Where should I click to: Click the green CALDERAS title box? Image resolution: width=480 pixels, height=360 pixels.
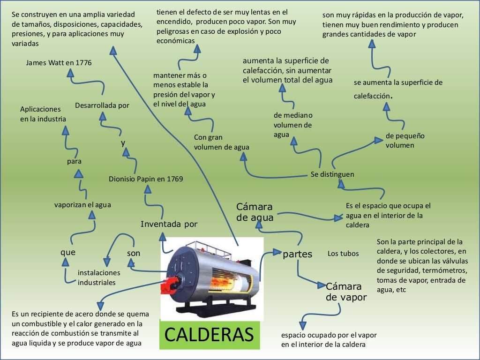tap(209, 334)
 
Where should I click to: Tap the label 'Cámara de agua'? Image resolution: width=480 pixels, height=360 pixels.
tap(255, 212)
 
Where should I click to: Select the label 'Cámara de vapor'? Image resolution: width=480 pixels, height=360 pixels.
tap(346, 292)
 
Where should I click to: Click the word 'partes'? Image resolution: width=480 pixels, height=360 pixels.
tap(297, 255)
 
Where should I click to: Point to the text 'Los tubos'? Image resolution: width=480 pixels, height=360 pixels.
tap(343, 254)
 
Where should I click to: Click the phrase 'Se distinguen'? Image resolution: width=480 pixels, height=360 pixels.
tap(332, 174)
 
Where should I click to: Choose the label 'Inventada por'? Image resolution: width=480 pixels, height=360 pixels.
tap(169, 224)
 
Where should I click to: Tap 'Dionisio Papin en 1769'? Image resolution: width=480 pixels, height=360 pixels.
tap(146, 179)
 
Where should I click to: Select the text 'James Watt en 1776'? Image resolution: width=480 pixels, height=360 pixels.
tap(59, 63)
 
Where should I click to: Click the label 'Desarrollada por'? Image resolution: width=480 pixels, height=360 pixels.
tap(102, 105)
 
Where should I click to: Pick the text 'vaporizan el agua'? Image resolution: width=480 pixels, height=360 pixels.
tap(82, 204)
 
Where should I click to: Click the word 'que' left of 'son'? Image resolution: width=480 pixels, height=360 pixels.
tap(68, 252)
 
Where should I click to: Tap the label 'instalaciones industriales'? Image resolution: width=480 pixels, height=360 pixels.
tap(99, 277)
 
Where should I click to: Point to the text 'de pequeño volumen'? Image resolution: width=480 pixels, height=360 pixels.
tap(405, 140)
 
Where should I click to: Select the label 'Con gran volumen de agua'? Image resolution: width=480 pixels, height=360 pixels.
tap(221, 142)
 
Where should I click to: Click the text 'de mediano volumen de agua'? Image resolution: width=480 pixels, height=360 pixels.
tap(293, 125)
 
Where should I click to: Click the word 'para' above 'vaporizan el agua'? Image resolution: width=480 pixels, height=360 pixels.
tap(74, 161)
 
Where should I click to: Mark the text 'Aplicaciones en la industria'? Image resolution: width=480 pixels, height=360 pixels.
tap(43, 114)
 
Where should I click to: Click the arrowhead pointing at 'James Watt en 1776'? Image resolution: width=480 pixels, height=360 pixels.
tap(70, 73)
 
